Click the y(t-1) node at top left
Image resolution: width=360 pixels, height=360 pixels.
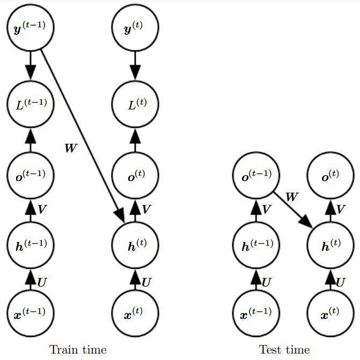tap(30, 28)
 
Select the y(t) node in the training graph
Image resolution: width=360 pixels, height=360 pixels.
tap(135, 28)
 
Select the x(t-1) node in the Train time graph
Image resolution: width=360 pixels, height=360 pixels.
tap(30, 313)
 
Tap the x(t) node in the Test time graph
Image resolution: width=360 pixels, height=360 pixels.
tap(329, 313)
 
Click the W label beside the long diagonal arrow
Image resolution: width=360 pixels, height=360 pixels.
tap(70, 148)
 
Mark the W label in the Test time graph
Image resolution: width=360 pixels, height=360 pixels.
tap(291, 196)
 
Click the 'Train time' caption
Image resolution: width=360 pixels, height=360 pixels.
tap(78, 350)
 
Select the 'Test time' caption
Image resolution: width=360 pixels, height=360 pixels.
tap(284, 350)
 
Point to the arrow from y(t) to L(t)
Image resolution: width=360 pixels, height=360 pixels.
tap(135, 64)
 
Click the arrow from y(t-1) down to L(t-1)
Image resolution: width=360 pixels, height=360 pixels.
tap(30, 64)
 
